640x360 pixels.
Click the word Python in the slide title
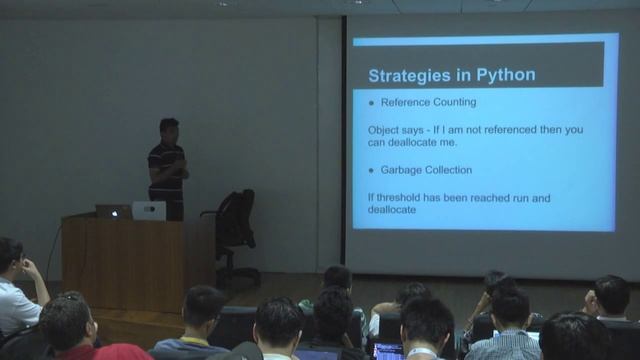pos(505,75)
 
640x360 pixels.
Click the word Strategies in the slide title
pos(409,75)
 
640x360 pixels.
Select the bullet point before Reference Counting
pos(371,103)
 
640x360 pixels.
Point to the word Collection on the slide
pos(449,170)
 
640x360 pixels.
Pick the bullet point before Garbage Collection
pos(371,170)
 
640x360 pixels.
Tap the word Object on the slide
pos(385,130)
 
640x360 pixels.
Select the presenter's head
pos(169,128)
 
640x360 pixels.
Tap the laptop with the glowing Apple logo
pos(111,212)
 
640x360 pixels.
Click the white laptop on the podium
pos(149,210)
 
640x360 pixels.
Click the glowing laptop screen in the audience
pos(388,351)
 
